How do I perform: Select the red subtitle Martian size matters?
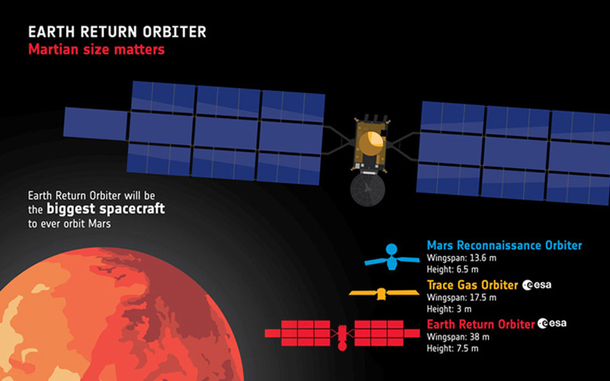(x=96, y=50)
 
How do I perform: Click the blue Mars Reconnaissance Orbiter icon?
(x=392, y=256)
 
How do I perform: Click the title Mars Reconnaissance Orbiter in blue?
(x=504, y=245)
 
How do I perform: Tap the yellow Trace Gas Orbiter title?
(x=472, y=285)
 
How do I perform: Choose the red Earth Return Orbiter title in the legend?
(x=480, y=325)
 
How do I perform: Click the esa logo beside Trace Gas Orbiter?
(x=538, y=286)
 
